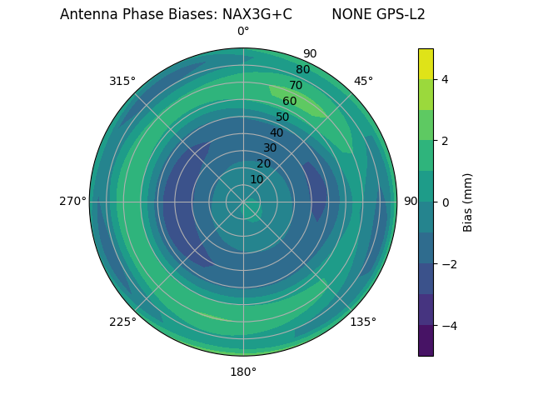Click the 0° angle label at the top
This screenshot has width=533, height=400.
point(243,32)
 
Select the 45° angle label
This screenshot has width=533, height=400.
point(363,81)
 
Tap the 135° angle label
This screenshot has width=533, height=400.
point(363,322)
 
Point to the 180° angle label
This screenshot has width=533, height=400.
point(243,372)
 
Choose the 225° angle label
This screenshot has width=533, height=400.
point(122,322)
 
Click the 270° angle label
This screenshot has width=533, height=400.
point(72,201)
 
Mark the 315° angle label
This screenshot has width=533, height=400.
point(122,81)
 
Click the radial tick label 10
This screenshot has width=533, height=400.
point(257,179)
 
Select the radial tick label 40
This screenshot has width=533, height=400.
point(276,132)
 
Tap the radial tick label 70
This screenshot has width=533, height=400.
point(296,85)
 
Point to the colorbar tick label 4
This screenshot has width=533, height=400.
point(446,79)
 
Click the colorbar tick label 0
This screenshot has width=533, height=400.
point(446,202)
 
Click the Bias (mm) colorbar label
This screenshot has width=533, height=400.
point(468,202)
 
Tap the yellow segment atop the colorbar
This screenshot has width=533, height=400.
point(426,63)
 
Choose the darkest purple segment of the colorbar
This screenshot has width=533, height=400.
point(426,341)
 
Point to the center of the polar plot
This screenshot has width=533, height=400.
point(243,202)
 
